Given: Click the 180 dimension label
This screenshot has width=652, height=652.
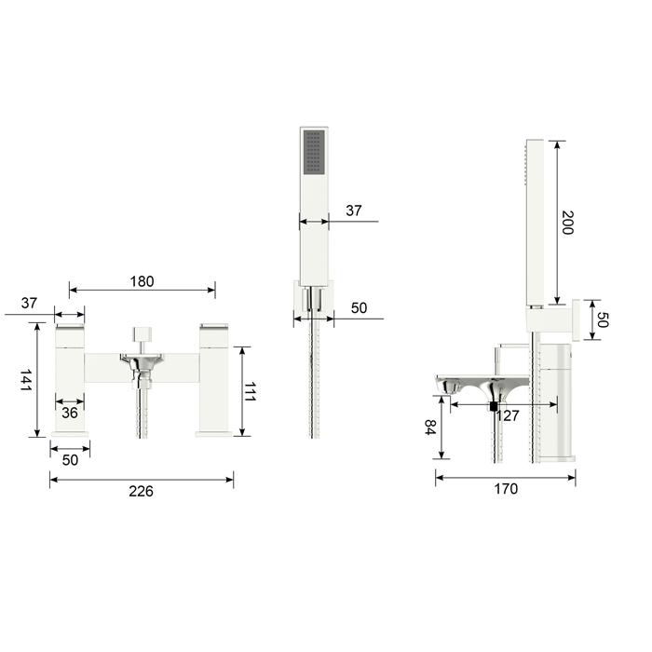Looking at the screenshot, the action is (142, 281).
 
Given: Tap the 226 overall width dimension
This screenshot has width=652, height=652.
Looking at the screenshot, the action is (141, 491).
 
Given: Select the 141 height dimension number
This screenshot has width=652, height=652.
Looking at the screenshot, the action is (26, 380).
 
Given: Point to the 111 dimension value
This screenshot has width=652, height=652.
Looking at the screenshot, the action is (250, 391).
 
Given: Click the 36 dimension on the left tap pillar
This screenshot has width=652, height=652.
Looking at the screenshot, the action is (70, 413).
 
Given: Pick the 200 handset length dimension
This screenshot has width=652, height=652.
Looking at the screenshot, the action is (567, 223).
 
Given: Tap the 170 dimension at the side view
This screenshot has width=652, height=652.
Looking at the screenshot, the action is (506, 489).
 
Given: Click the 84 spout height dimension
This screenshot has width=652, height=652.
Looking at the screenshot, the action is (429, 427).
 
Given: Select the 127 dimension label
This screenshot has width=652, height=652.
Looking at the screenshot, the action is (509, 415).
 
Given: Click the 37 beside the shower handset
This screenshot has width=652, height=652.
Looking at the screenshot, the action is (353, 211).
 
